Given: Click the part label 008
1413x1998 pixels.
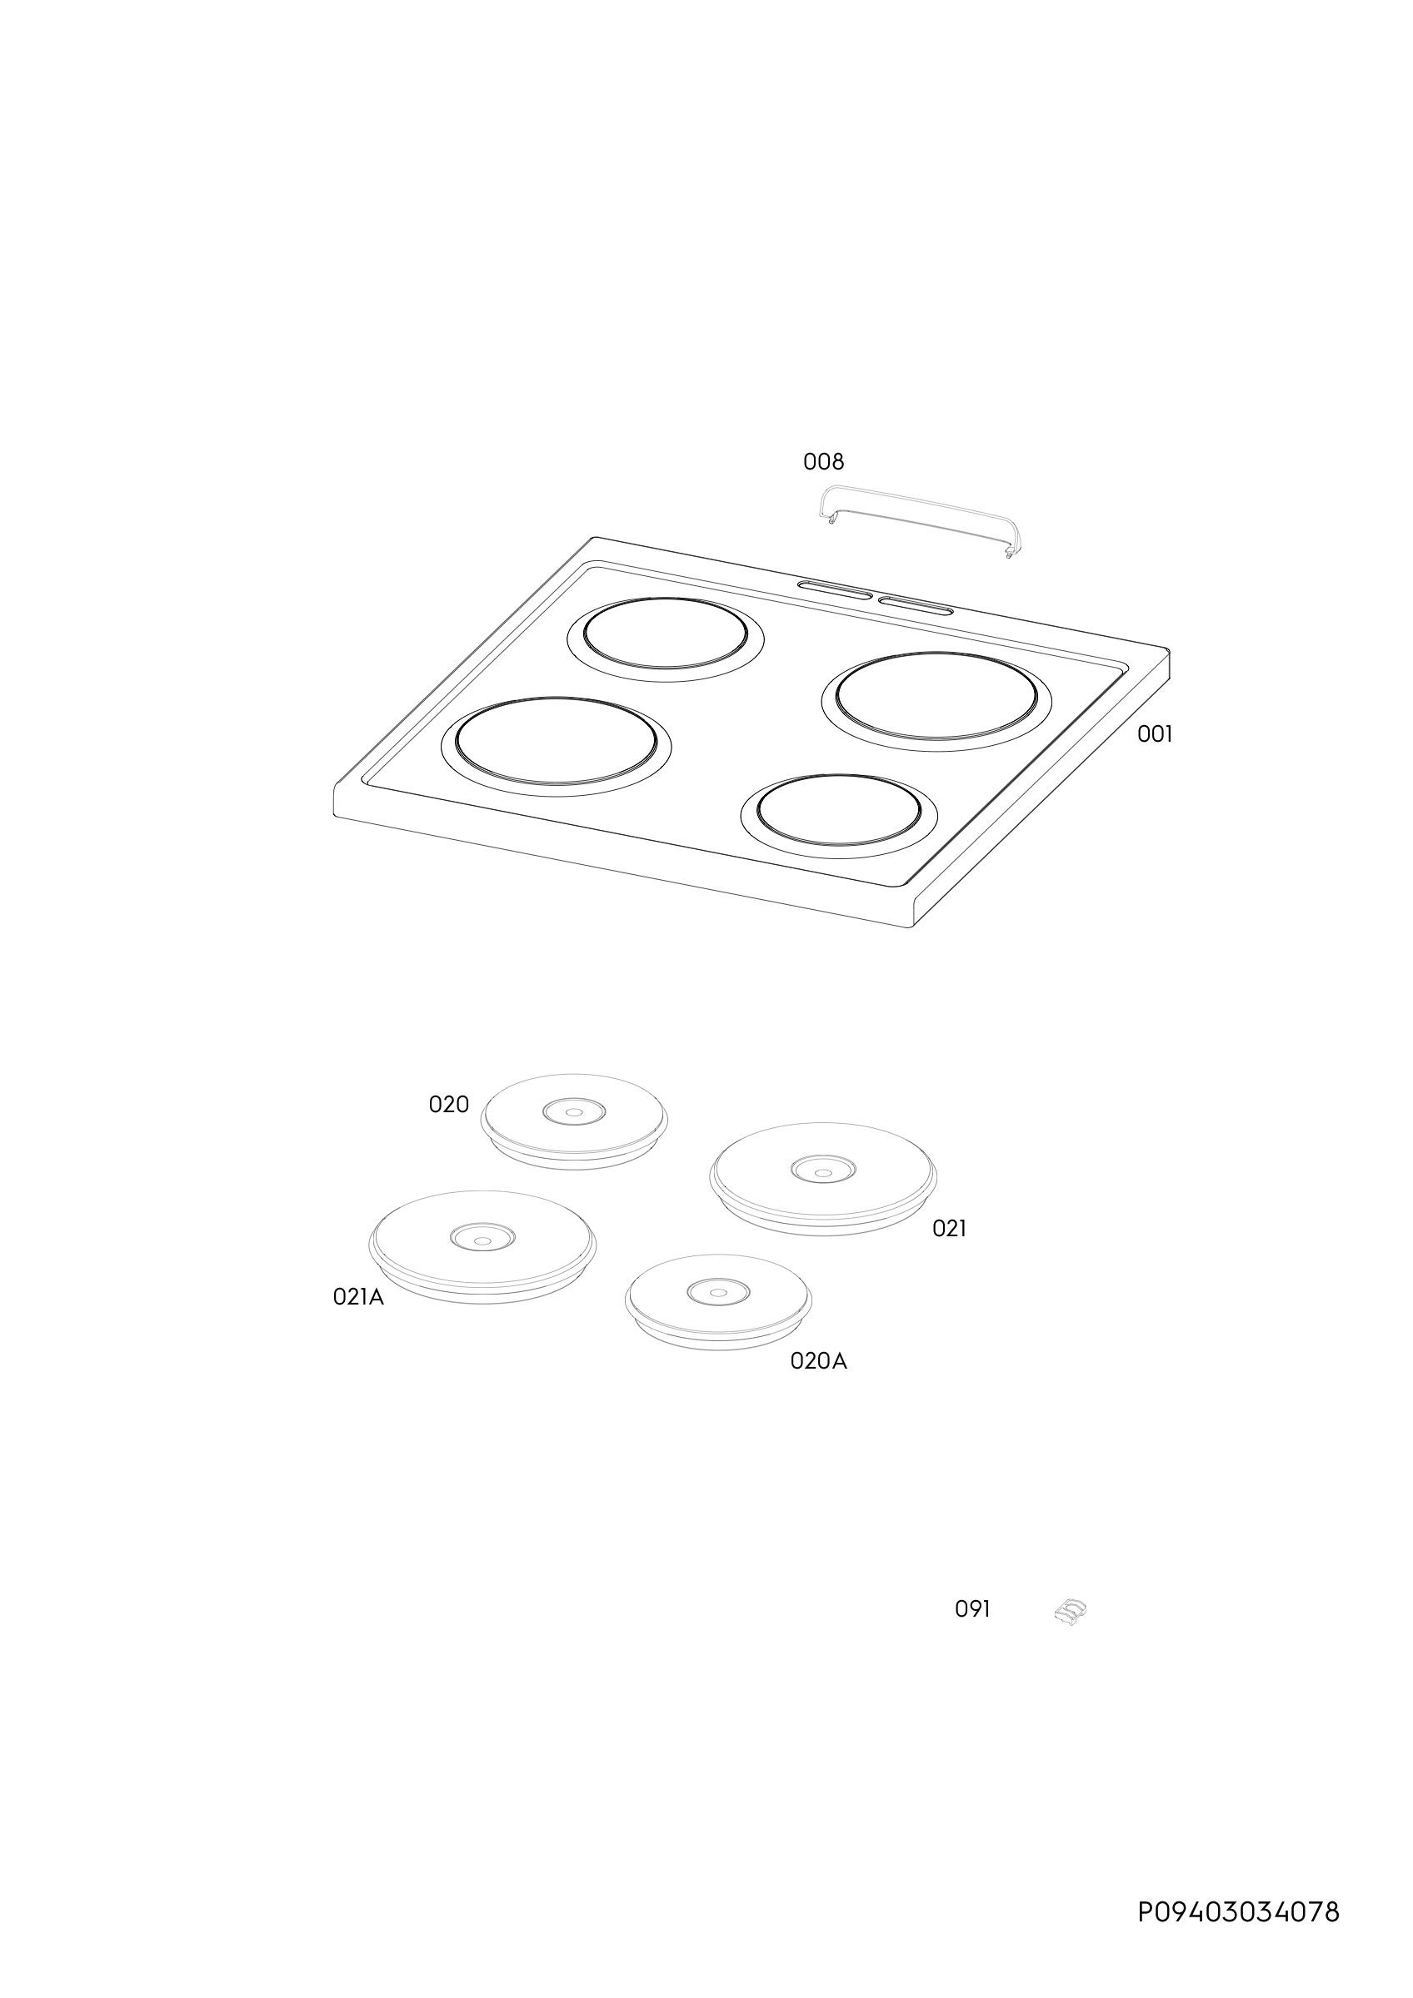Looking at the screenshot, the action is (x=823, y=461).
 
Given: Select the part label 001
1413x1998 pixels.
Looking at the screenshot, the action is (x=1155, y=734).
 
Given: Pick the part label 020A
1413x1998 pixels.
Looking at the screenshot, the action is (x=818, y=1361).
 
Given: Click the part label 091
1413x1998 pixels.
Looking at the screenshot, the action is (x=972, y=1609).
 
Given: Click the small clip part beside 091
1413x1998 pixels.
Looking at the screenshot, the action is (x=1071, y=1612).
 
